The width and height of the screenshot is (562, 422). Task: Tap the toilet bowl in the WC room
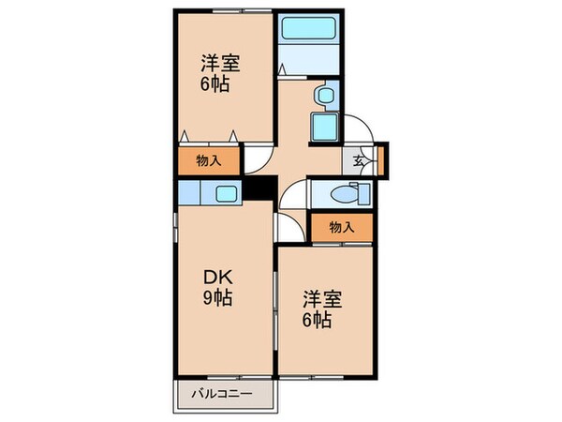(356, 195)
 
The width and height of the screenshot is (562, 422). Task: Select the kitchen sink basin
(226, 195)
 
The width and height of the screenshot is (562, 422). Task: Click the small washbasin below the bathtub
(323, 95)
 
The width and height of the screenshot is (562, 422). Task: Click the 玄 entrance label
(360, 159)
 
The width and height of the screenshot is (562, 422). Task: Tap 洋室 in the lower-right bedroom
(321, 299)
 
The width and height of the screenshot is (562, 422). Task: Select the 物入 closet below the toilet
(342, 226)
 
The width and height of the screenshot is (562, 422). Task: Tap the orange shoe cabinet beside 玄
(382, 158)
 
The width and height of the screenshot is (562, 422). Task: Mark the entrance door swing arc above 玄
(361, 128)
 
